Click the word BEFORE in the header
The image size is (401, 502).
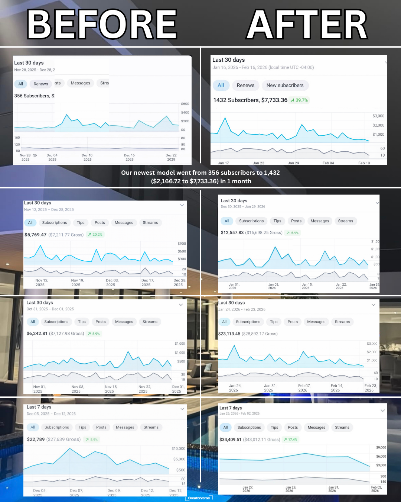pyautogui.click(x=102, y=25)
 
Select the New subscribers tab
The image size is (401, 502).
pyautogui.click(x=285, y=85)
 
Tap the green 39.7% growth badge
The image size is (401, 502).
pyautogui.click(x=299, y=100)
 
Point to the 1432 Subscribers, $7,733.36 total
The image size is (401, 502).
pyautogui.click(x=250, y=100)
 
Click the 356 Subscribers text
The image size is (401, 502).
pyautogui.click(x=32, y=96)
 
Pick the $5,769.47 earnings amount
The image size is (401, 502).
pyautogui.click(x=36, y=235)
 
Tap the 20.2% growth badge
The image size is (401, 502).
pyautogui.click(x=95, y=235)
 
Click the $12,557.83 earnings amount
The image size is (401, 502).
pyautogui.click(x=232, y=232)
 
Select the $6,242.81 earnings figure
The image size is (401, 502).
pyautogui.click(x=37, y=334)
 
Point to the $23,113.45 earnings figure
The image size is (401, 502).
pyautogui.click(x=229, y=334)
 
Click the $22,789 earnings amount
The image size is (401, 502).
pyautogui.click(x=36, y=439)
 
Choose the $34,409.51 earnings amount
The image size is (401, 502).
pyautogui.click(x=230, y=440)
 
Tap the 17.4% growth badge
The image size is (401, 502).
pyautogui.click(x=290, y=440)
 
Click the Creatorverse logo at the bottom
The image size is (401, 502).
pyautogui.click(x=199, y=498)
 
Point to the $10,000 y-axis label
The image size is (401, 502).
pyautogui.click(x=178, y=448)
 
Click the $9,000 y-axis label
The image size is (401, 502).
pyautogui.click(x=381, y=447)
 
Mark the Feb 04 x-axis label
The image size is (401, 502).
pyautogui.click(x=328, y=163)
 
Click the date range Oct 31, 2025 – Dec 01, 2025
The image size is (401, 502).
pyautogui.click(x=50, y=309)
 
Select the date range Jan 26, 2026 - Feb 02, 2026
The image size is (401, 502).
pyautogui.click(x=239, y=413)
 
